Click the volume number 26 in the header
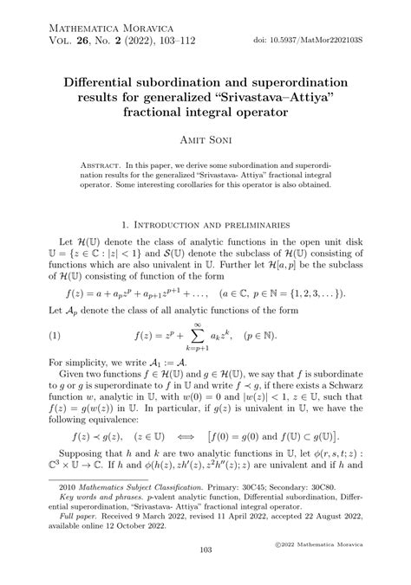(83, 39)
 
